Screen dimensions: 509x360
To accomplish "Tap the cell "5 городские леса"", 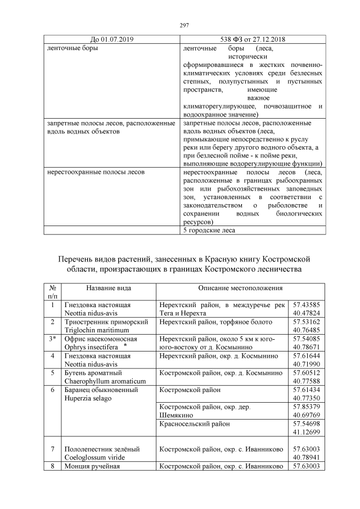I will click(x=209, y=229).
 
